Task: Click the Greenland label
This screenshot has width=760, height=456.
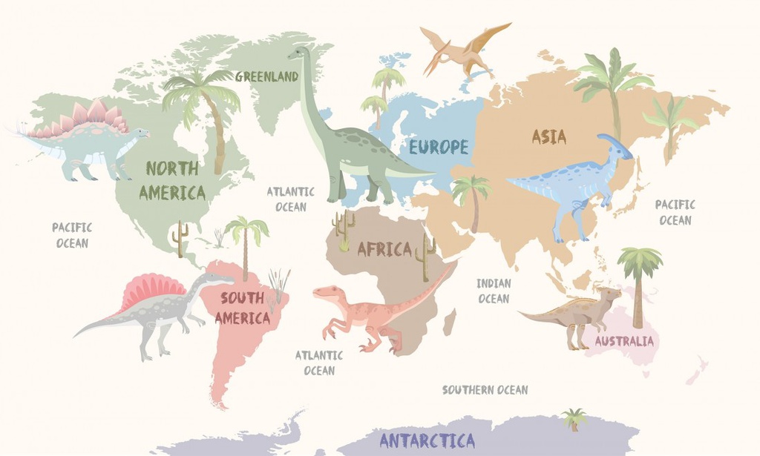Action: [x=266, y=76]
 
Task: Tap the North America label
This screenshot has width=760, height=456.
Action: [x=172, y=181]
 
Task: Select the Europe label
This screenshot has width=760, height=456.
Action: [x=439, y=147]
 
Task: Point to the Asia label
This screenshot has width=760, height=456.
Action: [x=549, y=136]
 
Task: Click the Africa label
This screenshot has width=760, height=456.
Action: [x=384, y=249]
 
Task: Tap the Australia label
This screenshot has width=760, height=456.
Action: [x=624, y=341]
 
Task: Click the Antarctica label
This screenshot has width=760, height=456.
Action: [x=427, y=440]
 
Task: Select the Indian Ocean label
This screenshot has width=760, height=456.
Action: [x=494, y=291]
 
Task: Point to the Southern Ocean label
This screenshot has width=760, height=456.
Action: [x=485, y=390]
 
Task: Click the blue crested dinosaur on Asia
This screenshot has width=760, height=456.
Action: [x=575, y=182]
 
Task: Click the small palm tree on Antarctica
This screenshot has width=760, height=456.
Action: [x=573, y=418]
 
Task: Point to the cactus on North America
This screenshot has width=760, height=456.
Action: [x=179, y=237]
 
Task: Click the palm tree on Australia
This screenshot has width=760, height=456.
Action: [x=638, y=282]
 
